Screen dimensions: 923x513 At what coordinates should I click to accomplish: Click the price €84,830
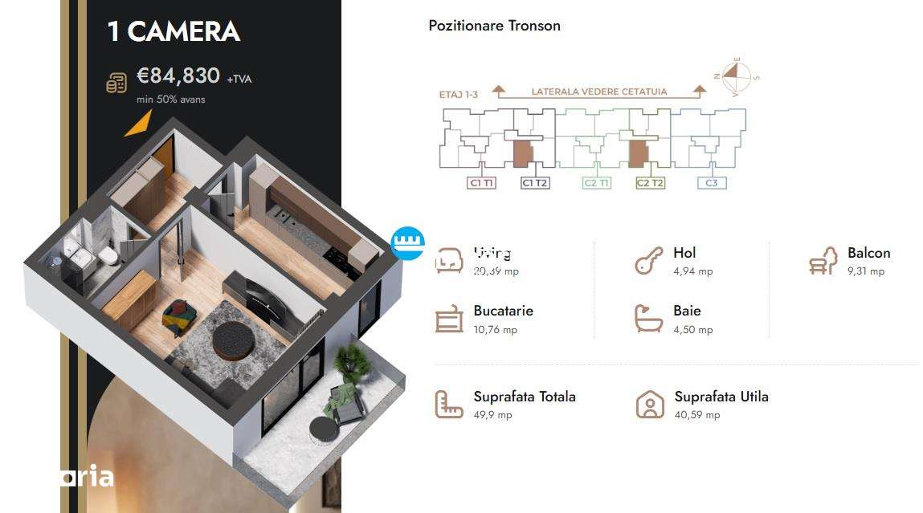coord(178,76)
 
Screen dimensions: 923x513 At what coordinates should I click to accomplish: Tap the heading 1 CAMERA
coord(174,31)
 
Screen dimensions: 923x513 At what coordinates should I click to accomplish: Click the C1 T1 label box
coord(481,183)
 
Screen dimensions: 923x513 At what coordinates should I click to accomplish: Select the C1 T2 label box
coord(535,183)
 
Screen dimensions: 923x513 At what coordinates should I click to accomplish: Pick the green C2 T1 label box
coord(596,183)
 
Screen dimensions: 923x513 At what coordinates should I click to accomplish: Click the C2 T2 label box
coord(650,183)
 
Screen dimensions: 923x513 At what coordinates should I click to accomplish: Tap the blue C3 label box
coord(711,183)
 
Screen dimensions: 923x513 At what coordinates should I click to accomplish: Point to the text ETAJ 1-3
coord(459,95)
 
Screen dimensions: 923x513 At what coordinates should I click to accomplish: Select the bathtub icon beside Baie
coord(648,319)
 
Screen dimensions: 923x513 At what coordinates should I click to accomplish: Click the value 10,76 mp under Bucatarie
coord(496,330)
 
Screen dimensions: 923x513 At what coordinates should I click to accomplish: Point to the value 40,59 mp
coord(697,415)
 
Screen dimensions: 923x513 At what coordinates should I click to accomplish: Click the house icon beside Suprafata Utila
coord(650,405)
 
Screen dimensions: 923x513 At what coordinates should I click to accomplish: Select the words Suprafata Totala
coord(525,397)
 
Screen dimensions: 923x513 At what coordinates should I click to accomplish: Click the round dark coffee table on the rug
coord(232,340)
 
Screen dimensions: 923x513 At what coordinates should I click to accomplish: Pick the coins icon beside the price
coord(116,82)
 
